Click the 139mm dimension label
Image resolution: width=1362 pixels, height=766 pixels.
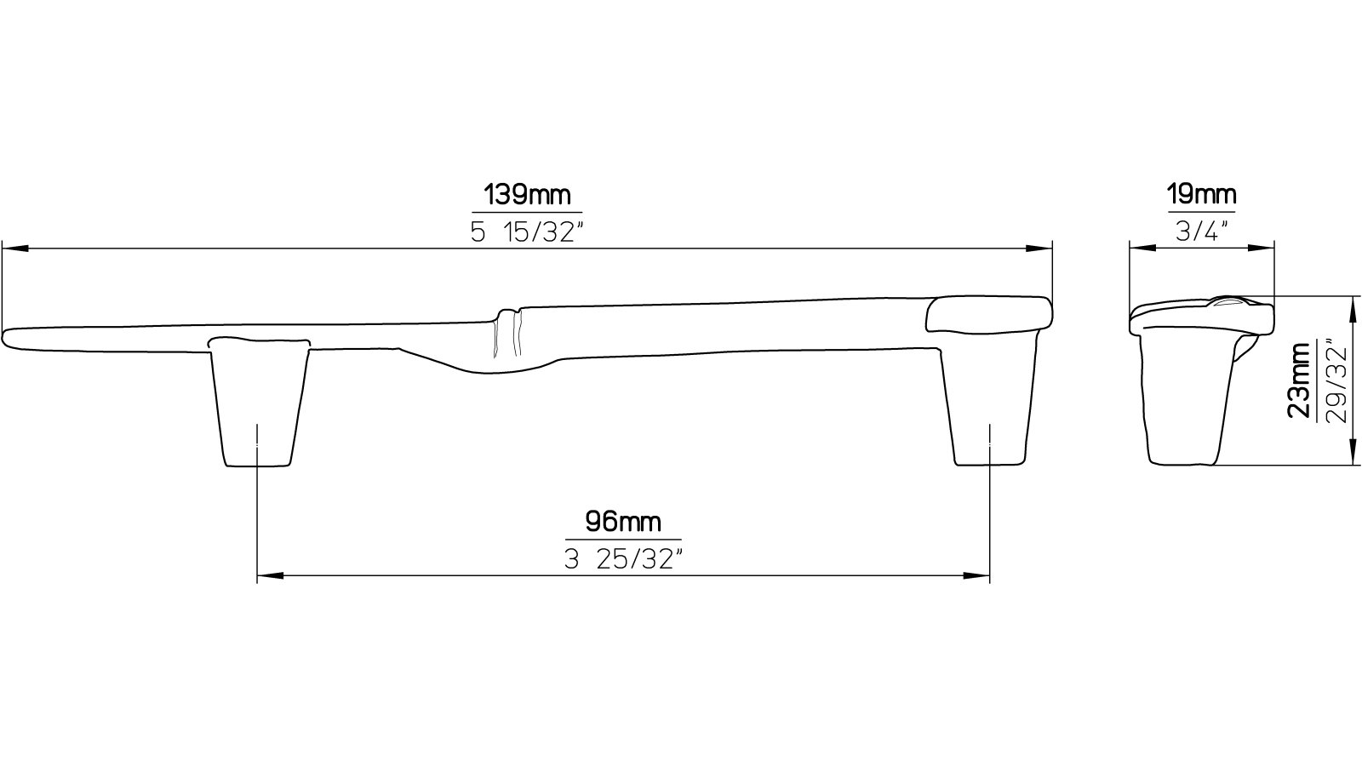click(x=527, y=196)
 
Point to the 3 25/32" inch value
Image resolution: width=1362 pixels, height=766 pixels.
click(x=623, y=558)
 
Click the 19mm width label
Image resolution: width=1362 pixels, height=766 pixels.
click(x=1201, y=196)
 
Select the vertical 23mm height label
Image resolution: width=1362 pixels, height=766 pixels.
click(x=1300, y=380)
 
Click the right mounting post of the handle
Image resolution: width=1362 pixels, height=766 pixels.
click(x=989, y=404)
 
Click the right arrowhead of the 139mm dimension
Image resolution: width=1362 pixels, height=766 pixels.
click(x=1040, y=249)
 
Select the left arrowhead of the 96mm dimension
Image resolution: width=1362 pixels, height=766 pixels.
click(x=269, y=576)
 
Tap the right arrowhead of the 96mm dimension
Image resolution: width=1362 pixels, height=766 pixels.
click(x=978, y=576)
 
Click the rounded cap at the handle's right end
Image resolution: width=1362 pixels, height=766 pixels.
click(x=987, y=314)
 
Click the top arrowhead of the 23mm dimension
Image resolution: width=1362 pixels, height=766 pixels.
click(x=1353, y=307)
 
